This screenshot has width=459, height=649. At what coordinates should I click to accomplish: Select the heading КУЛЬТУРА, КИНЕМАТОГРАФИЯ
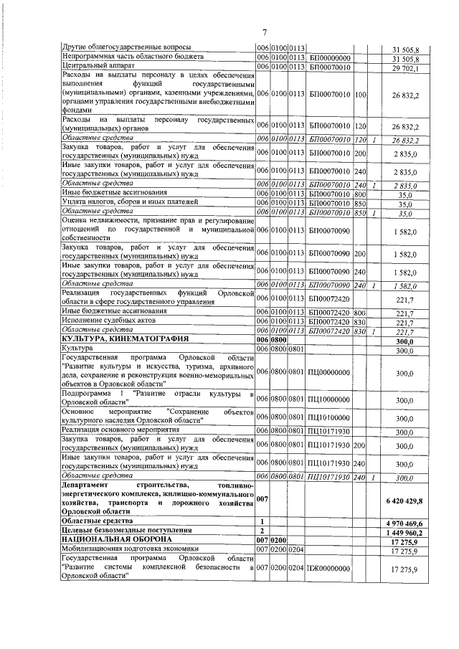(125, 341)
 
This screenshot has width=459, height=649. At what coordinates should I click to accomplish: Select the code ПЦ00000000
(329, 373)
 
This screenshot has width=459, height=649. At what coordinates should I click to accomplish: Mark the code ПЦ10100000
(329, 417)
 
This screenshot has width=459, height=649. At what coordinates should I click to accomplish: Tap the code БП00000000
(329, 59)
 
